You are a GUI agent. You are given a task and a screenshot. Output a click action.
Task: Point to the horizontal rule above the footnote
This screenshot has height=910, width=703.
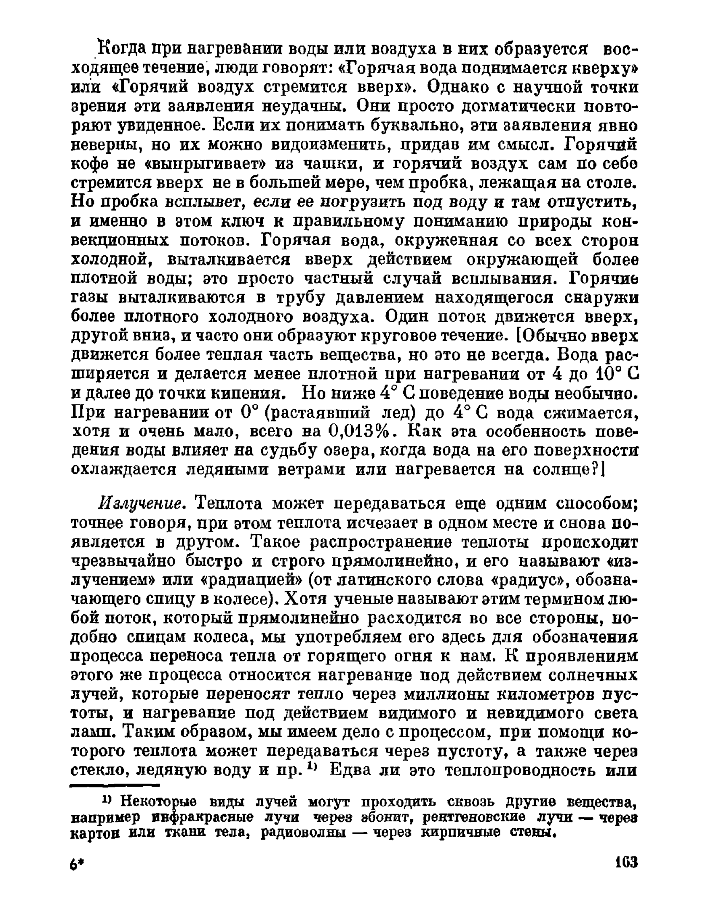click(x=115, y=785)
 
